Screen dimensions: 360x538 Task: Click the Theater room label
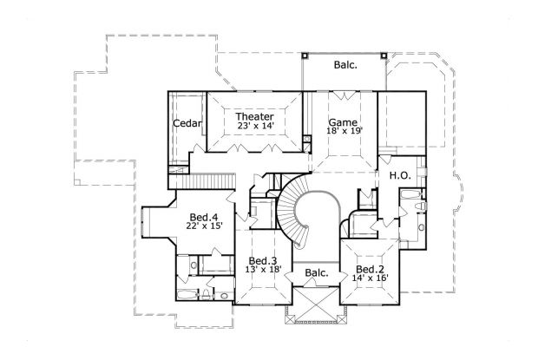point(255,116)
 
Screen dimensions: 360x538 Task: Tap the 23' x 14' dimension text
point(255,127)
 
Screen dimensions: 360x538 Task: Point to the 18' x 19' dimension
point(343,132)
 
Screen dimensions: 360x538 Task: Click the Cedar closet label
point(187,124)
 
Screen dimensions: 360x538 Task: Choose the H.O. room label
point(400,174)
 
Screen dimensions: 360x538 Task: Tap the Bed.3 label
point(262,261)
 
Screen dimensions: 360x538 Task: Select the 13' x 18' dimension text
point(262,271)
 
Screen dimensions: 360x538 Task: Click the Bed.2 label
point(369,269)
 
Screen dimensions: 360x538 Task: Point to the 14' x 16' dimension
point(369,278)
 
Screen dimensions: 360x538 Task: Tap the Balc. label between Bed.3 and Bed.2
point(316,274)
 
